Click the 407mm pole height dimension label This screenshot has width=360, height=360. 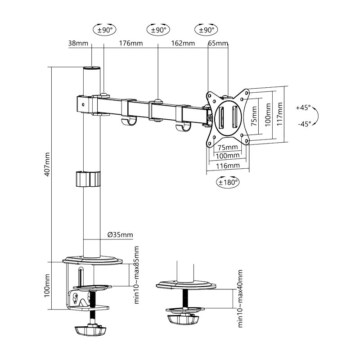click(47, 164)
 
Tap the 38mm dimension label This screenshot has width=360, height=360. click(78, 43)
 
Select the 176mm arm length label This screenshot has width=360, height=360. click(130, 43)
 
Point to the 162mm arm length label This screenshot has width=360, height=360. click(183, 43)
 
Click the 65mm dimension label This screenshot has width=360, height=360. click(218, 43)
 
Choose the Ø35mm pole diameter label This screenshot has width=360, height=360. click(120, 234)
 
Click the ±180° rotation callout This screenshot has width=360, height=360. click(228, 182)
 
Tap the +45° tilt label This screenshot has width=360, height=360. click(303, 108)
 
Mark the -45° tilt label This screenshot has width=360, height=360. click(305, 124)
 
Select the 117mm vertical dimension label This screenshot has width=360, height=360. click(279, 114)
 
